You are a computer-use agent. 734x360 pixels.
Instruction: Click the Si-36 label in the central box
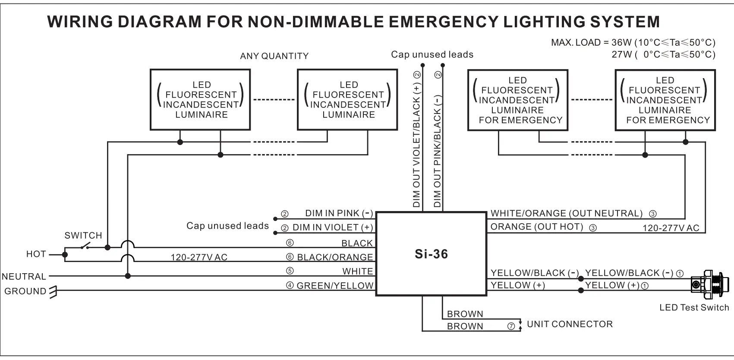pos(431,254)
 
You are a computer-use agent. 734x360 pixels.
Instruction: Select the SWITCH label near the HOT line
pos(83,236)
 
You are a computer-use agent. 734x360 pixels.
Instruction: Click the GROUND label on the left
pos(25,291)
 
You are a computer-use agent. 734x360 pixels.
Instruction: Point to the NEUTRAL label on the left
pos(24,277)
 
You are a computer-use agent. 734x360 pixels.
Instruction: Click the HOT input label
pos(36,254)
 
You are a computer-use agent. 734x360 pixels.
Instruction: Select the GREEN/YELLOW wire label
pos(335,286)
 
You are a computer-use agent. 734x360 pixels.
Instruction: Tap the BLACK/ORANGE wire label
pos(335,257)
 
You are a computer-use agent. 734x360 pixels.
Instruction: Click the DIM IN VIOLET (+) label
pos(332,227)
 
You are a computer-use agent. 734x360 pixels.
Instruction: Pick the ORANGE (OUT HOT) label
pos(536,227)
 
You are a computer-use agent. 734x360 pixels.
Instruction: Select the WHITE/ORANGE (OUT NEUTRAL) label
pos(566,214)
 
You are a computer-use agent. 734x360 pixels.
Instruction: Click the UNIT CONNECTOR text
pos(570,324)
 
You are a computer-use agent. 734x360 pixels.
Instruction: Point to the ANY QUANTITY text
pos(274,56)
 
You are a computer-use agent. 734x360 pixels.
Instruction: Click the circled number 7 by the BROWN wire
pos(511,327)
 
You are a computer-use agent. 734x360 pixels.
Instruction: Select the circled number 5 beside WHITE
pos(290,271)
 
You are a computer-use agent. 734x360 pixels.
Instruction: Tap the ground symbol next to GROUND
pos(54,292)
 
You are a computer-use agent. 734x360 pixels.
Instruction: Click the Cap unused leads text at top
pos(432,55)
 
